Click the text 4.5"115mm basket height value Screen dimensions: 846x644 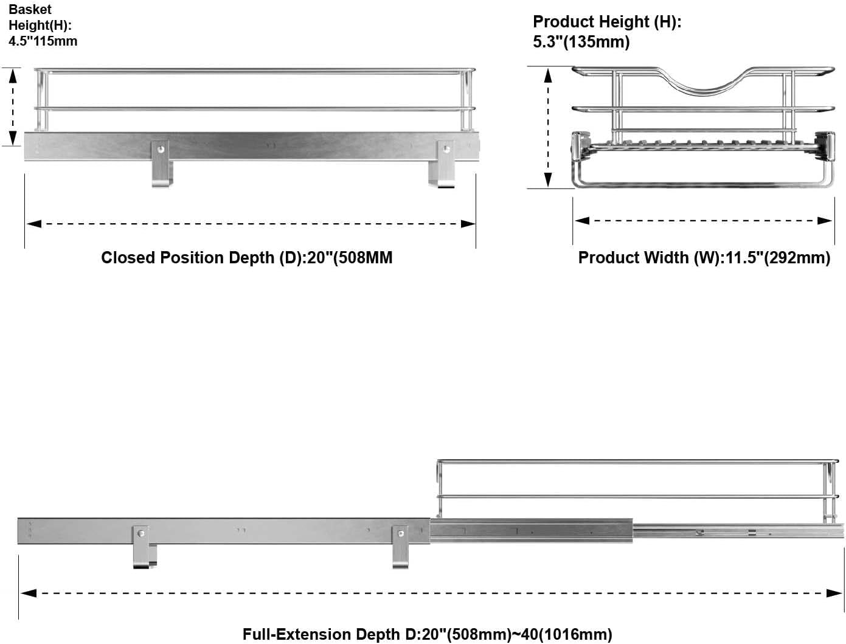coord(43,41)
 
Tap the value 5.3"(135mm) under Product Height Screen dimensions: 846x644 coord(581,41)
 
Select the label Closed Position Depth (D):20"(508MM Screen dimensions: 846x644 coord(247,257)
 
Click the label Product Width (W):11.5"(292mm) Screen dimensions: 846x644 coord(704,257)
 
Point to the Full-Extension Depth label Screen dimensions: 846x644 coord(427,634)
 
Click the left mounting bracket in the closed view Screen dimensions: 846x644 coord(162,164)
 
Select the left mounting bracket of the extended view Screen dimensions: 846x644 coord(144,547)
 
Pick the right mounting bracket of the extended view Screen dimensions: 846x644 coord(400,547)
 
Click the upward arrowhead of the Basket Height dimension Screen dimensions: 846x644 coord(13,76)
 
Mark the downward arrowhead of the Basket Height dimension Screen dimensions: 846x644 coord(13,138)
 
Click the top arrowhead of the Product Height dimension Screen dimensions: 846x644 coord(548,75)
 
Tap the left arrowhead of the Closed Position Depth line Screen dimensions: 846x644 coord(34,224)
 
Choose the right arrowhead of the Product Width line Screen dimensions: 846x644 coord(825,221)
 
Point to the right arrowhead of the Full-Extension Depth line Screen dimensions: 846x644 coord(834,593)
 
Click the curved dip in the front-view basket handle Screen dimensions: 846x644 coord(704,92)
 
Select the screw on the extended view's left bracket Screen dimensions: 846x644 coord(142,534)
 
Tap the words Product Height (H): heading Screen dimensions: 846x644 coord(607,21)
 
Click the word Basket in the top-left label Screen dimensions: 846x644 coord(30,9)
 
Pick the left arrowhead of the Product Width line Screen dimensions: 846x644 coord(582,221)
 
